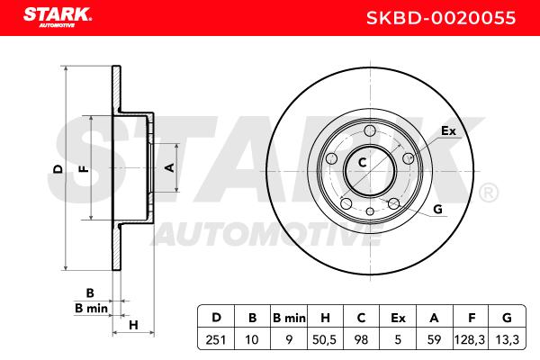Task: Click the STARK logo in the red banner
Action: (58, 17)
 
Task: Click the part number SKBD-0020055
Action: (441, 18)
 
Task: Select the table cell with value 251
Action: (216, 339)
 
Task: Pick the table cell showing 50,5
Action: (324, 339)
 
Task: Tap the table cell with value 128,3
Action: (470, 339)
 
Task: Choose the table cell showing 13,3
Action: (507, 339)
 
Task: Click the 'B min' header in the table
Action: (289, 318)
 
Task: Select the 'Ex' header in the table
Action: (398, 318)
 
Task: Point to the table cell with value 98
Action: (361, 339)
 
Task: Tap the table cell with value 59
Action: (435, 339)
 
